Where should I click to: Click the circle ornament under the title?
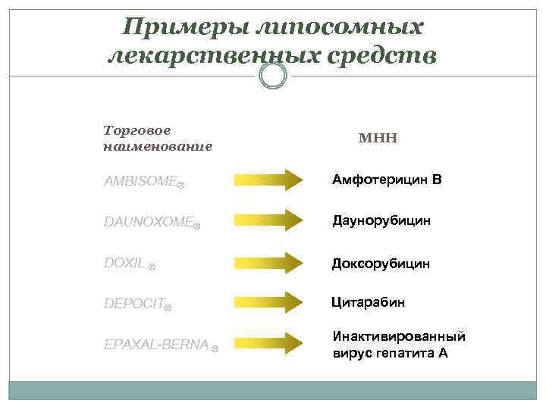[273, 75]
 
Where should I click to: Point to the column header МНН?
[378, 138]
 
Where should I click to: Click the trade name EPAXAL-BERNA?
[155, 345]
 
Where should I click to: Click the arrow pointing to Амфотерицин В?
[268, 180]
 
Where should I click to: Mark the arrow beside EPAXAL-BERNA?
[268, 343]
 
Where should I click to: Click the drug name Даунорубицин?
[381, 221]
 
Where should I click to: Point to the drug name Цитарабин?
[369, 302]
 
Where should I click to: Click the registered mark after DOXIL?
[152, 267]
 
